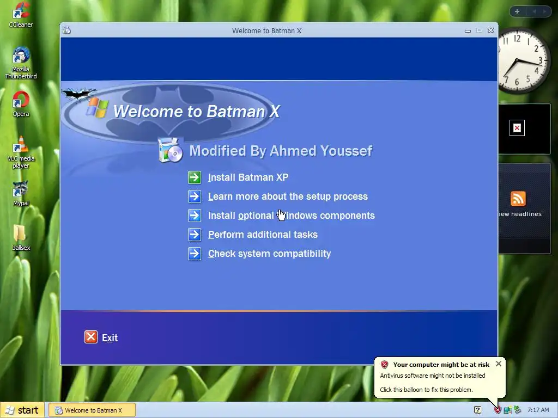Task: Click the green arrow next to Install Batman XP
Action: [195, 177]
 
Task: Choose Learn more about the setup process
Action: [288, 196]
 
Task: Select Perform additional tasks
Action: [263, 235]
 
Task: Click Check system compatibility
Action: [269, 254]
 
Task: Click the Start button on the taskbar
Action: [22, 410]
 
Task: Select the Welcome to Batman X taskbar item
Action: [92, 410]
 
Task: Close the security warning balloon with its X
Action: [498, 364]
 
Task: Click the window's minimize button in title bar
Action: [468, 31]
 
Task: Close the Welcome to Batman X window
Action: [491, 30]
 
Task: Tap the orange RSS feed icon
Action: [518, 199]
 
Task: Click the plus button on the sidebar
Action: [517, 11]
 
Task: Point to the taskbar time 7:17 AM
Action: [538, 410]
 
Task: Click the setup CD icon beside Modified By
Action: [171, 150]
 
